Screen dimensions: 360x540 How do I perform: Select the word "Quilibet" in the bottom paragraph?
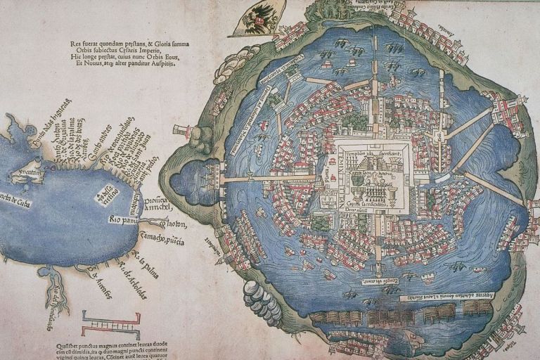(x=70, y=345)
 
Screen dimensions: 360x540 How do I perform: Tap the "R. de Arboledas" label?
(x=131, y=277)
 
